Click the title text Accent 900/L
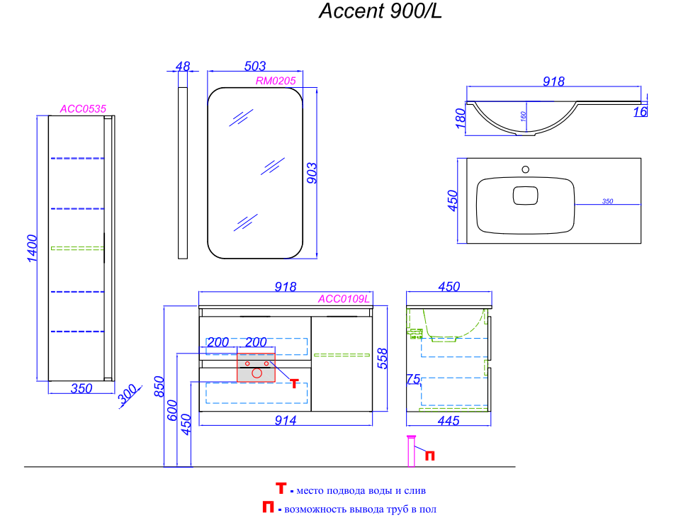pyautogui.click(x=381, y=12)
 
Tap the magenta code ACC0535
pyautogui.click(x=83, y=109)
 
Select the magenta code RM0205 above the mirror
pyautogui.click(x=275, y=81)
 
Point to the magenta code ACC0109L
pyautogui.click(x=344, y=299)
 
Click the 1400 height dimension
pyautogui.click(x=31, y=249)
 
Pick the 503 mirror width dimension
pyautogui.click(x=254, y=66)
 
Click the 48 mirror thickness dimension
pyautogui.click(x=183, y=66)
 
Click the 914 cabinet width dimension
pyautogui.click(x=285, y=420)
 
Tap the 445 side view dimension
pyautogui.click(x=449, y=421)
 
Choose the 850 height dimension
pyautogui.click(x=159, y=387)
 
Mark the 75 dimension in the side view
pyautogui.click(x=413, y=380)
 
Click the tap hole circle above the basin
pyautogui.click(x=525, y=169)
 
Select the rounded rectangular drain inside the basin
pyautogui.click(x=525, y=195)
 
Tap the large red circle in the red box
pyautogui.click(x=257, y=373)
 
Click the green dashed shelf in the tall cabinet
pyautogui.click(x=77, y=248)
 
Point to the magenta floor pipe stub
pyautogui.click(x=410, y=451)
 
